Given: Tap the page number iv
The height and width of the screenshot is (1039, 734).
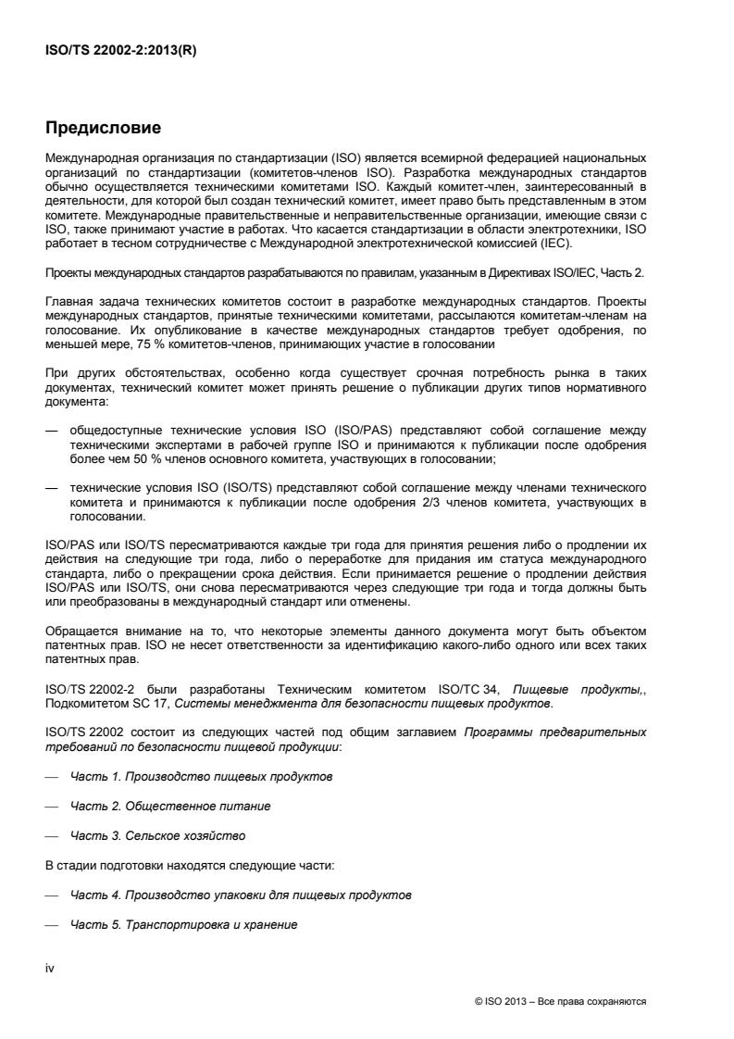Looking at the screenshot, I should pyautogui.click(x=50, y=968).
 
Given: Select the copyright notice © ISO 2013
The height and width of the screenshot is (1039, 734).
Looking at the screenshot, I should pyautogui.click(x=559, y=1002).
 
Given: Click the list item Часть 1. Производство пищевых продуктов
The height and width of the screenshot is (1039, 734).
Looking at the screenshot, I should pyautogui.click(x=202, y=775).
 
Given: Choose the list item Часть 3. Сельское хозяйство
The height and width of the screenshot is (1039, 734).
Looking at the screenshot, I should pyautogui.click(x=157, y=836).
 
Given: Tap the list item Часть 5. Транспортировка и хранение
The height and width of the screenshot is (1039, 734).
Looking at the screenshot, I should pyautogui.click(x=183, y=925).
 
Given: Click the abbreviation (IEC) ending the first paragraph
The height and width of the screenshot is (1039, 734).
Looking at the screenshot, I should pyautogui.click(x=558, y=244).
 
